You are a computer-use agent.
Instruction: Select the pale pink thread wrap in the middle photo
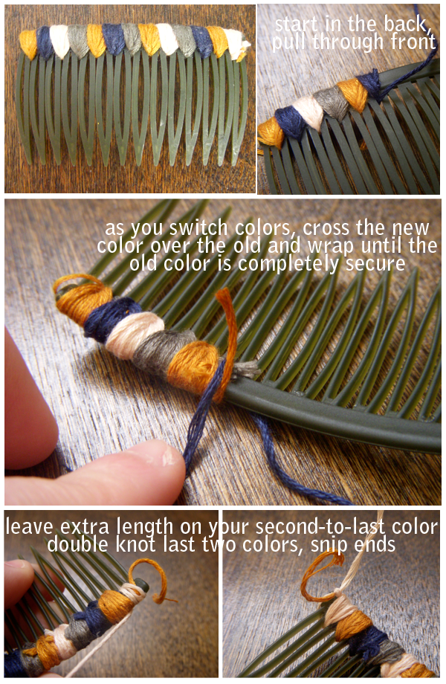pos(134,334)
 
